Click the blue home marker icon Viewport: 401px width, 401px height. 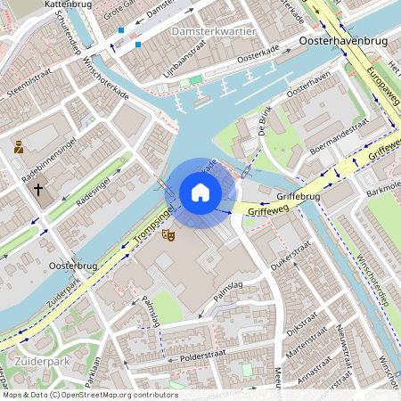pos(200,192)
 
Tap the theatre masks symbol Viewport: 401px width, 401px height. pos(167,234)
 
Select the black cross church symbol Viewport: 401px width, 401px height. pos(37,189)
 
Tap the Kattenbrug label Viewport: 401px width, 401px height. pos(42,4)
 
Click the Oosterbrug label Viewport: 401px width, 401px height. pos(72,265)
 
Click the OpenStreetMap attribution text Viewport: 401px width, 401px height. pos(77,395)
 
